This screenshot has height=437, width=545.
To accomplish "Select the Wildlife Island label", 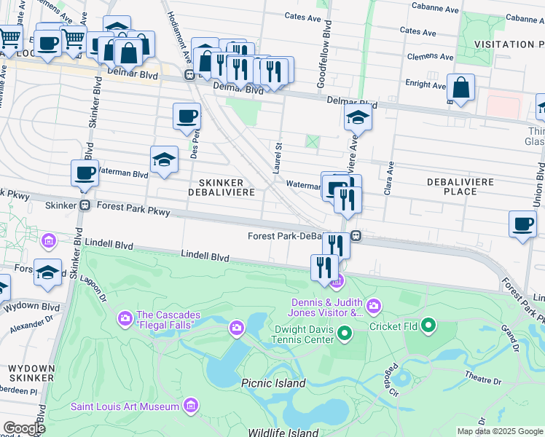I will [283, 432].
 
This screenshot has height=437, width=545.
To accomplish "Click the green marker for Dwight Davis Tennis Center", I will [345, 334].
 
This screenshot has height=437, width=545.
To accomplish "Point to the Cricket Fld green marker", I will [428, 326].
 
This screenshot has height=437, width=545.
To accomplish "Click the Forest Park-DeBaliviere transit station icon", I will [356, 235].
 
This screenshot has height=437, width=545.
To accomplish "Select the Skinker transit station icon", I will [85, 205].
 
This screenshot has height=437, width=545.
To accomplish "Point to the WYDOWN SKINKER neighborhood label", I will [31, 374].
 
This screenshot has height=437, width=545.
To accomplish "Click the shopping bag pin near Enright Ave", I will [460, 89].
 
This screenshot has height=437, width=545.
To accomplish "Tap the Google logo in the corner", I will [24, 428].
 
